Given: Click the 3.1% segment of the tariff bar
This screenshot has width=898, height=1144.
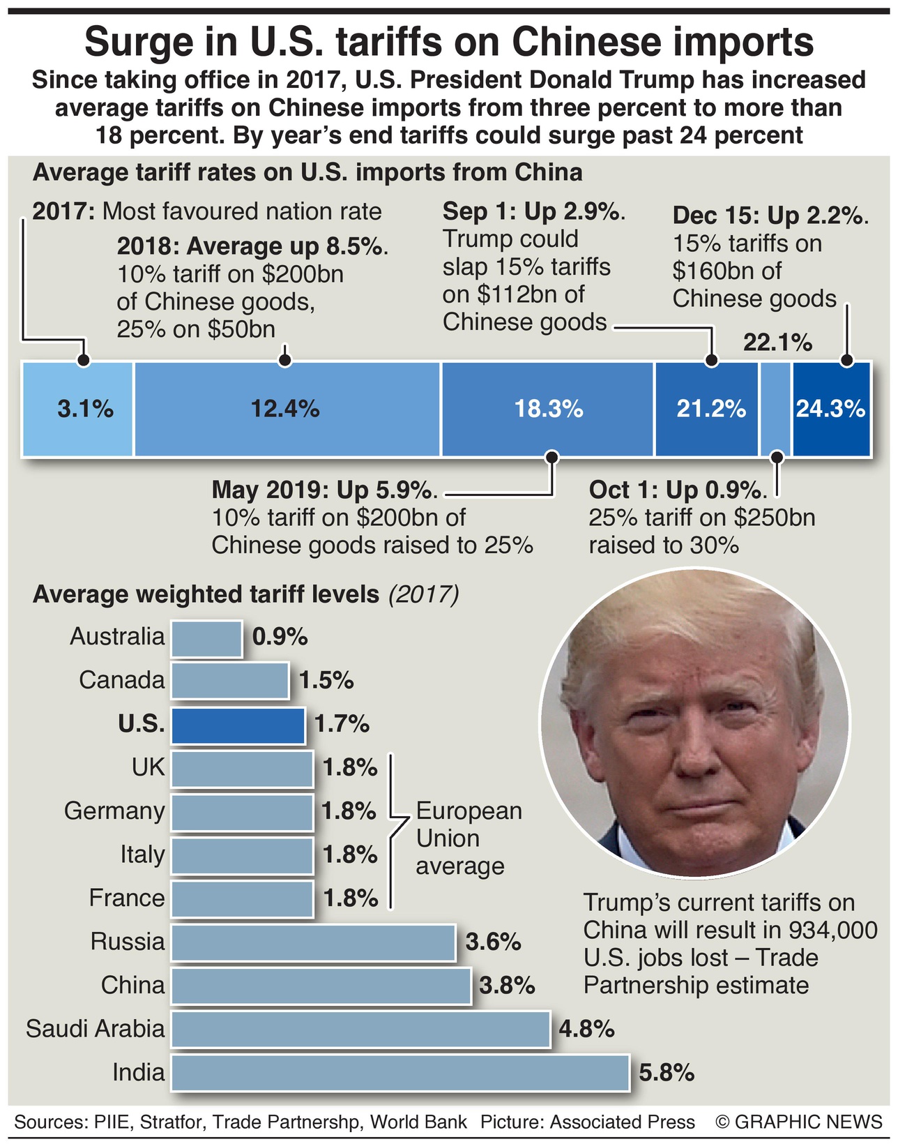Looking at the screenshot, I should [77, 409].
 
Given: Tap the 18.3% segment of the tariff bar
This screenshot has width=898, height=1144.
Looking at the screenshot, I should [548, 409].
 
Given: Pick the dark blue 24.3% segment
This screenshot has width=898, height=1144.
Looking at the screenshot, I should [831, 409].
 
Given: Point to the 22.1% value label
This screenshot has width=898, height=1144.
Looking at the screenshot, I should [777, 343].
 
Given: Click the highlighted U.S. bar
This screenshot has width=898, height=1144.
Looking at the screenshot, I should [238, 725].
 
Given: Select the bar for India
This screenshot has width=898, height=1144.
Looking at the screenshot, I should [400, 1072].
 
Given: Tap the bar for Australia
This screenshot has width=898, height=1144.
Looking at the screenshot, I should [206, 638].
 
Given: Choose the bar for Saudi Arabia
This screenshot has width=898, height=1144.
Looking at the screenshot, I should [360, 1029].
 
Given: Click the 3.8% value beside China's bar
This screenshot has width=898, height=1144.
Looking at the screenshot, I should [507, 986].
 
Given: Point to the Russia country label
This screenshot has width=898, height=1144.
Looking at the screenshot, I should [128, 942].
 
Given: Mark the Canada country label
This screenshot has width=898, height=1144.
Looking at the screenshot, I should [121, 680].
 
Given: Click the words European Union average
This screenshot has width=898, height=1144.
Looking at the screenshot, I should [468, 838].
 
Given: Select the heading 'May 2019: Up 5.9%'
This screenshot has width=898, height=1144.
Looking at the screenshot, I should [324, 490].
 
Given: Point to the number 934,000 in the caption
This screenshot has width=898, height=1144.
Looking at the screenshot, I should [833, 930].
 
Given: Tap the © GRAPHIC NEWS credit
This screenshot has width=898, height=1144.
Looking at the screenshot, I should [799, 1122].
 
